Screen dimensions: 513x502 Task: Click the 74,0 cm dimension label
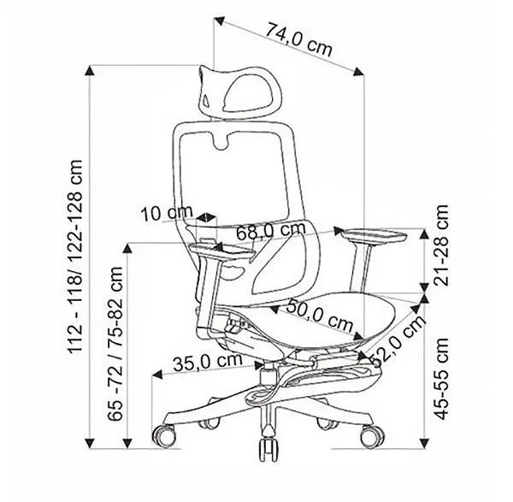click(298, 38)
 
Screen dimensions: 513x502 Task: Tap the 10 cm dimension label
click(166, 213)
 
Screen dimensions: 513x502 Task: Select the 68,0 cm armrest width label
click(271, 230)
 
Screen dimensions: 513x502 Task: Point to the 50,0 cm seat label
click(319, 316)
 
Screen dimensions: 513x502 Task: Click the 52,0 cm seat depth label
click(398, 341)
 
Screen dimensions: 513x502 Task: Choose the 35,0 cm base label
click(208, 362)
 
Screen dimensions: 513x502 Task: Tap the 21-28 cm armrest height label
click(440, 245)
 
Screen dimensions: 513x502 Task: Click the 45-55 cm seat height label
click(440, 379)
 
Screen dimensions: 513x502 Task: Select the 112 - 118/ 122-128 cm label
click(75, 257)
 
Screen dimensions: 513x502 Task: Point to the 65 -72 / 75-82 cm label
click(115, 344)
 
